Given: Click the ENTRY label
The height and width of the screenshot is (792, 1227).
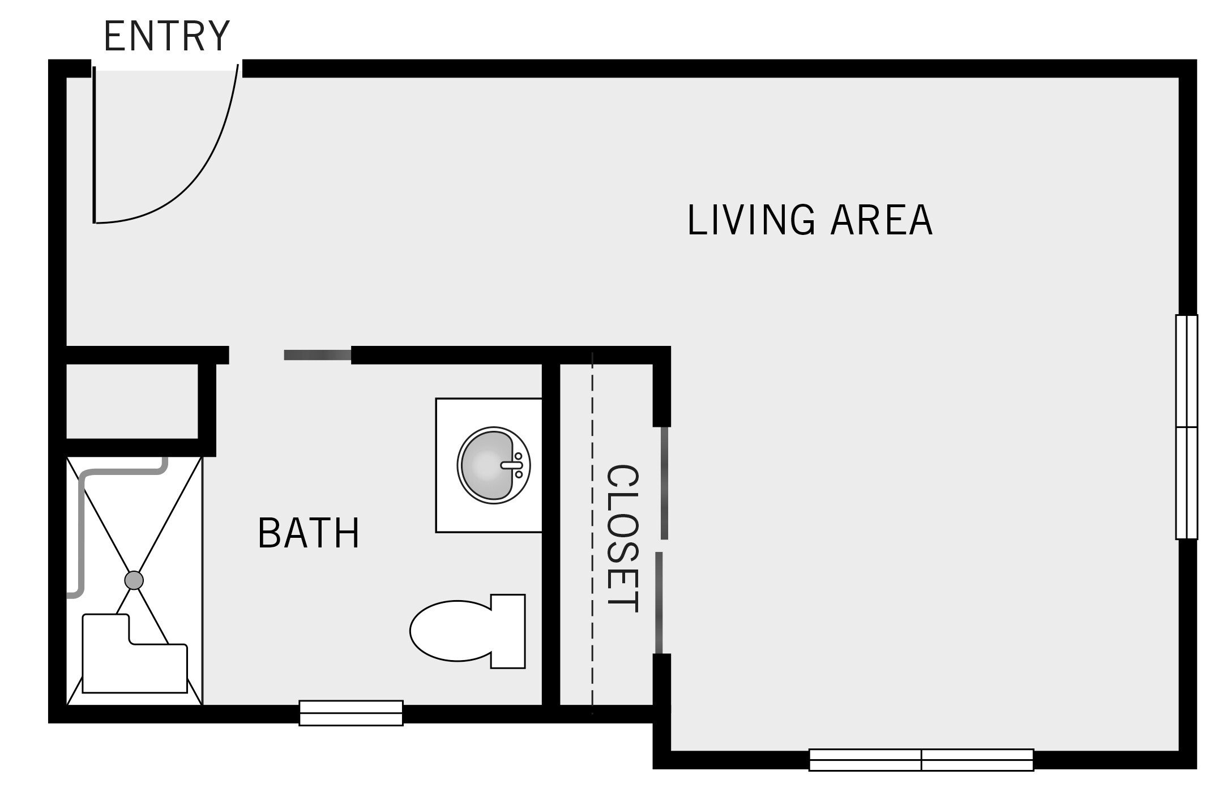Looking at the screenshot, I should [x=166, y=36].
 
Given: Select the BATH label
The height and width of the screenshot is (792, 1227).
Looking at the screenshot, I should [x=309, y=533].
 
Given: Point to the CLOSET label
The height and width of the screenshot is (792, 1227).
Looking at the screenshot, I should [x=622, y=538].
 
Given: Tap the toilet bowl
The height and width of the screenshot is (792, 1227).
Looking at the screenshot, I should [x=447, y=631].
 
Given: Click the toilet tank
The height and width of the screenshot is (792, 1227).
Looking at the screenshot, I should [x=508, y=631].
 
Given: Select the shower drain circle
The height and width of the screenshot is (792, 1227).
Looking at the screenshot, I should [x=134, y=580].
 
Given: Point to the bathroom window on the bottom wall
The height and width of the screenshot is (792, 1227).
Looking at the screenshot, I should [x=351, y=713].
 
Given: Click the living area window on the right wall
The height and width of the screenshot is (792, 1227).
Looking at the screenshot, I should [x=1187, y=427].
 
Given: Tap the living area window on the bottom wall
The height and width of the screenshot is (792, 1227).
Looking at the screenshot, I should [x=921, y=760].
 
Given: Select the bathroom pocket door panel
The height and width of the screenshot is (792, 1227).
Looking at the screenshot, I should [x=317, y=355].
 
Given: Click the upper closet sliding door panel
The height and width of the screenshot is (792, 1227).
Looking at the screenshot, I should [x=664, y=483].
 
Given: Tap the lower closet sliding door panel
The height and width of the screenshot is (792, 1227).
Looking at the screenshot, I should [x=659, y=603].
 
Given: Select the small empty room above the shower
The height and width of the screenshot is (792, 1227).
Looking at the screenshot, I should [x=132, y=401].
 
